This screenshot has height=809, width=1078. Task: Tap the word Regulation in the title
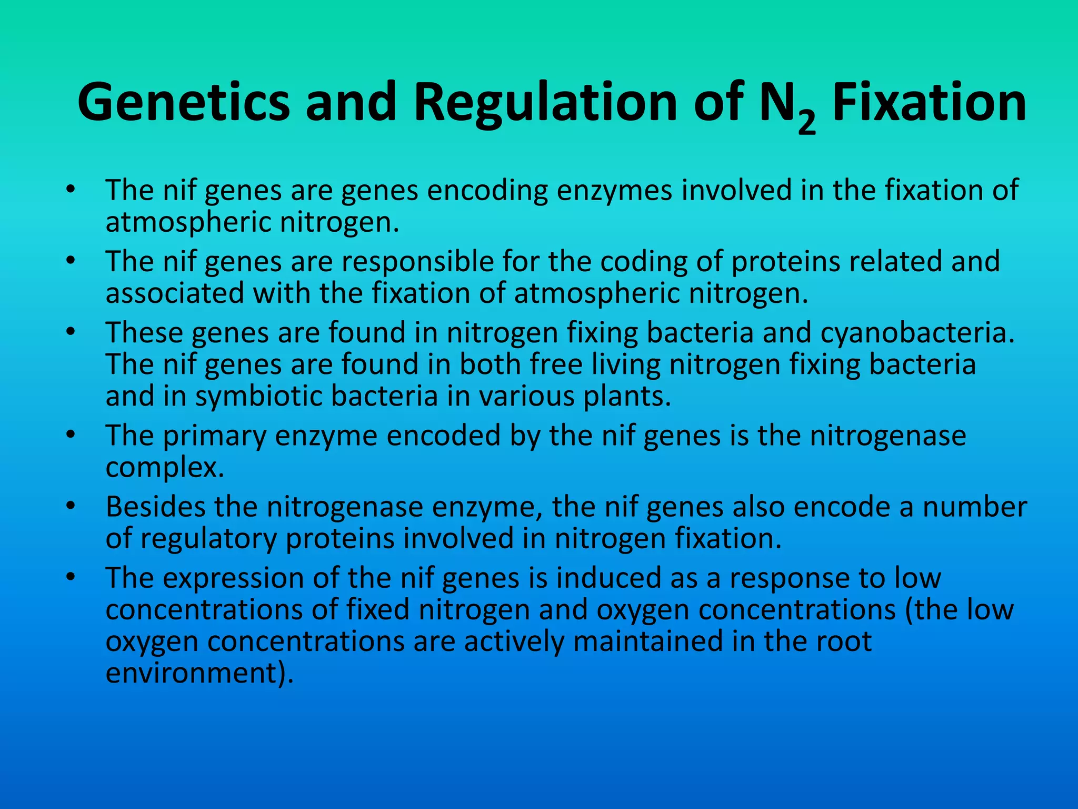pyautogui.click(x=545, y=102)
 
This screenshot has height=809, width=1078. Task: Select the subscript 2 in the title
pyautogui.click(x=806, y=123)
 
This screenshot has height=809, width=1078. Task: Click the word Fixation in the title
pyautogui.click(x=929, y=102)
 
